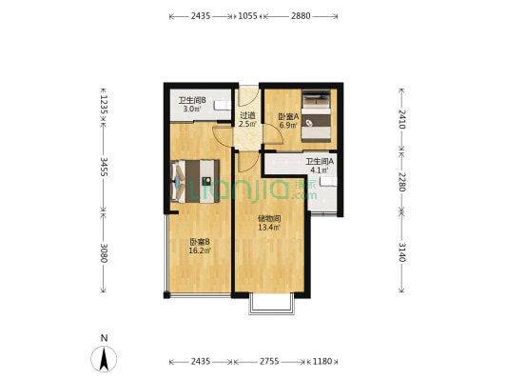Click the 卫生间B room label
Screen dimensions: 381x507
(192, 100)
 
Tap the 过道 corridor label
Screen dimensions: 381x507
(246, 115)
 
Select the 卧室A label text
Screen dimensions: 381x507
(288, 117)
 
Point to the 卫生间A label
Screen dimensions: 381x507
(319, 161)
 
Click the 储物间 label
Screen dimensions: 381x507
(268, 218)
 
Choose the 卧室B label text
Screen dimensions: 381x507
(199, 242)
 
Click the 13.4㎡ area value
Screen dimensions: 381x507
(268, 228)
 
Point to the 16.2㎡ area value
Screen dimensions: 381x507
(199, 251)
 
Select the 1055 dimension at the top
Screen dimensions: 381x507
(247, 16)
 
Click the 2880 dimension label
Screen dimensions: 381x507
(301, 16)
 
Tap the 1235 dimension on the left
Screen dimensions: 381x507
(104, 103)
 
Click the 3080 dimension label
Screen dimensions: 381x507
(104, 252)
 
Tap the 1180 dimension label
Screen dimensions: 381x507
(323, 362)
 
